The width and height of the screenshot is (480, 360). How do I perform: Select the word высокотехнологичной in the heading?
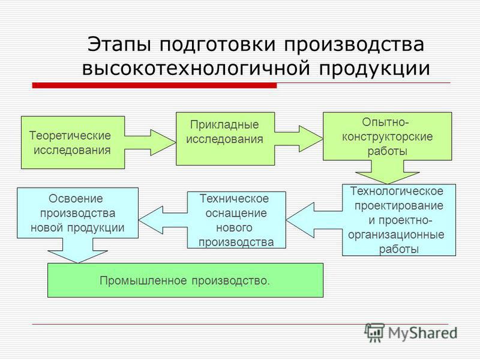pyautogui.click(x=196, y=68)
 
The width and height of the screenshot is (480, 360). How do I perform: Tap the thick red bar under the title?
pyautogui.click(x=155, y=85)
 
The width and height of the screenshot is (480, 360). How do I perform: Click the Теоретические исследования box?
pyautogui.click(x=73, y=142)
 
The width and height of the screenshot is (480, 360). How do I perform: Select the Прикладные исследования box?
pyautogui.click(x=226, y=139)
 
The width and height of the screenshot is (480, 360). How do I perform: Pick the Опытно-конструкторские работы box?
pyautogui.click(x=388, y=136)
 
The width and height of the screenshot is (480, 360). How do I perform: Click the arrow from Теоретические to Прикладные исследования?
pyautogui.click(x=151, y=142)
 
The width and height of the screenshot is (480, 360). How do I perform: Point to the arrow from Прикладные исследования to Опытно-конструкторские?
pyautogui.click(x=299, y=139)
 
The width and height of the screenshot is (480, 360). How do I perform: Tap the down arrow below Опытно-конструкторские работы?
pyautogui.click(x=388, y=172)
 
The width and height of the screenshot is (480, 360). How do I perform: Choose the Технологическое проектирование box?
pyautogui.click(x=399, y=220)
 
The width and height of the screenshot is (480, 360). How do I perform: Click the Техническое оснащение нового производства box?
pyautogui.click(x=236, y=220)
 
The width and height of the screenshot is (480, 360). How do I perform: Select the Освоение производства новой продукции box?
pyautogui.click(x=78, y=213)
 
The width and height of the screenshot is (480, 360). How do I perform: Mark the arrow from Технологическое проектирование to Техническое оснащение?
pyautogui.click(x=314, y=220)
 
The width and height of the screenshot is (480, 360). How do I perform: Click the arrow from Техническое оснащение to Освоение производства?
pyautogui.click(x=163, y=220)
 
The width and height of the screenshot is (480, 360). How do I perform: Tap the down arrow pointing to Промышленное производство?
pyautogui.click(x=78, y=250)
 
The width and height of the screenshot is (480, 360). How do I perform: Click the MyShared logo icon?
pyautogui.click(x=374, y=332)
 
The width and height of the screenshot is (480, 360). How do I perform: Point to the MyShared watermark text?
pyautogui.click(x=423, y=333)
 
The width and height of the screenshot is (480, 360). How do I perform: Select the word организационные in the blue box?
pyautogui.click(x=396, y=235)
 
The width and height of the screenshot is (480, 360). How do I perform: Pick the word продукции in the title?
pyautogui.click(x=374, y=69)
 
